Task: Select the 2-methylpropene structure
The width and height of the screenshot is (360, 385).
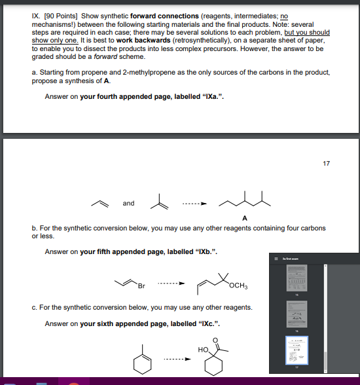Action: [156, 202]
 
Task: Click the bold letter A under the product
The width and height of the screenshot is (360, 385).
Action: [244, 217]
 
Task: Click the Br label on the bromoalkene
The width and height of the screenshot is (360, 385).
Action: [142, 285]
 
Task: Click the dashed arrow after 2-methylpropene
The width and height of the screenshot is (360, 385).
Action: [190, 203]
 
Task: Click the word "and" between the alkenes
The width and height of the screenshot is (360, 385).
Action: [129, 203]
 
